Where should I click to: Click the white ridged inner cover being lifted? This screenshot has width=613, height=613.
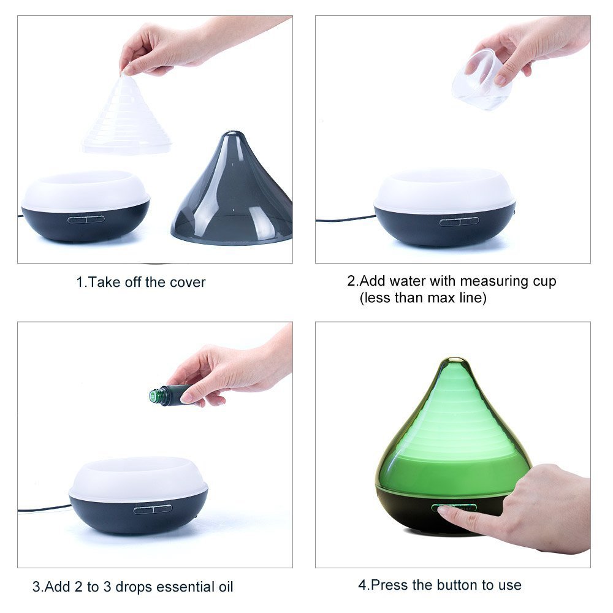(x=127, y=113)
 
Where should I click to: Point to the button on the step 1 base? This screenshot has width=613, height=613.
(x=86, y=219)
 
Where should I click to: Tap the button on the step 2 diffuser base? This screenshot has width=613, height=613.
(x=459, y=221)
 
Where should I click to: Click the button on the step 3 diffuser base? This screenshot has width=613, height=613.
(x=153, y=509)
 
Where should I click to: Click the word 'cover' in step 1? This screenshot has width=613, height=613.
(x=187, y=282)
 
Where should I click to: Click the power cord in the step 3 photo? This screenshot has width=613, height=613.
(x=44, y=508)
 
